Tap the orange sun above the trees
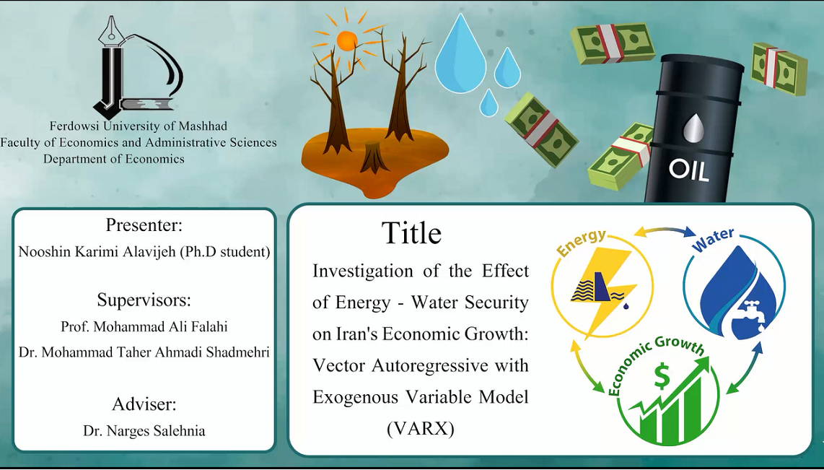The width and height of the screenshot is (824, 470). (x=347, y=40)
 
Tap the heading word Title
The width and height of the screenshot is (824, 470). (x=411, y=233)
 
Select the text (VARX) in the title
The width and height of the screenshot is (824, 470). (x=420, y=429)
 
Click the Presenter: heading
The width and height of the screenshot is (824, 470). (x=144, y=225)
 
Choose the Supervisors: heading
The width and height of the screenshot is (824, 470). (x=144, y=301)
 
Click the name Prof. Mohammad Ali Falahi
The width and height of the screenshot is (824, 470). (x=144, y=326)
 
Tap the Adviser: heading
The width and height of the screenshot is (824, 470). (x=144, y=405)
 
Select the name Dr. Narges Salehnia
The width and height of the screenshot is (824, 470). (x=144, y=432)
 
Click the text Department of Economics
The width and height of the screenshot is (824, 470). (x=114, y=158)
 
